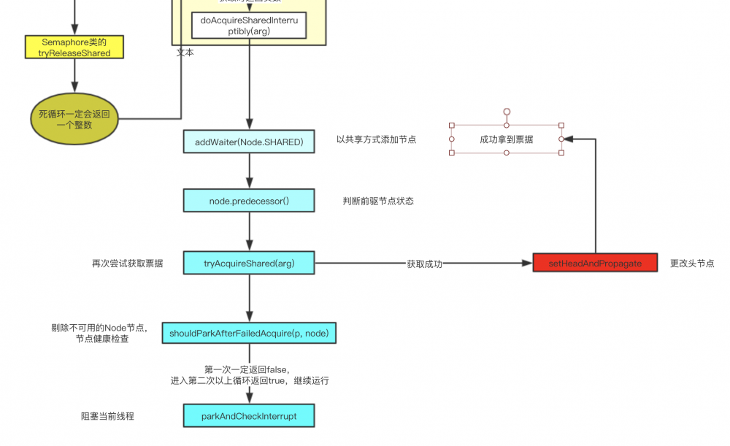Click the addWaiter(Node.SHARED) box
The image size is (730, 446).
[x=249, y=142]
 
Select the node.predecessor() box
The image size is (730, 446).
[x=249, y=201]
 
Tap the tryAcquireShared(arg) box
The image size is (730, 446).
[x=249, y=264]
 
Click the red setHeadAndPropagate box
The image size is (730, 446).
[x=595, y=264]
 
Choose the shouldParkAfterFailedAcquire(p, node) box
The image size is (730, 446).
[x=249, y=334]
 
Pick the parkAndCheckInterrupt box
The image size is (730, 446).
[x=249, y=416]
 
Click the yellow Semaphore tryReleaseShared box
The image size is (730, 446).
[x=74, y=47]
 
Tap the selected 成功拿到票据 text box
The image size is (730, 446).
[x=506, y=139]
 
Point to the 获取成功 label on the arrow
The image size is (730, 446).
[x=424, y=264]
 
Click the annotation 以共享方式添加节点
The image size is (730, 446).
[x=376, y=139]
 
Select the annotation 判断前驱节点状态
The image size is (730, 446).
[x=378, y=201]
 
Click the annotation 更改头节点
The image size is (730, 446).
[x=692, y=264]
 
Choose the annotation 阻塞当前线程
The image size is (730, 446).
[x=107, y=416]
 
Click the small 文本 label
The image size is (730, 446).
[x=185, y=53]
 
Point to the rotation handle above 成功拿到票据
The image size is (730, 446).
[x=507, y=112]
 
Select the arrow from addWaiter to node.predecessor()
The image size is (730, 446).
[x=249, y=171]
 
